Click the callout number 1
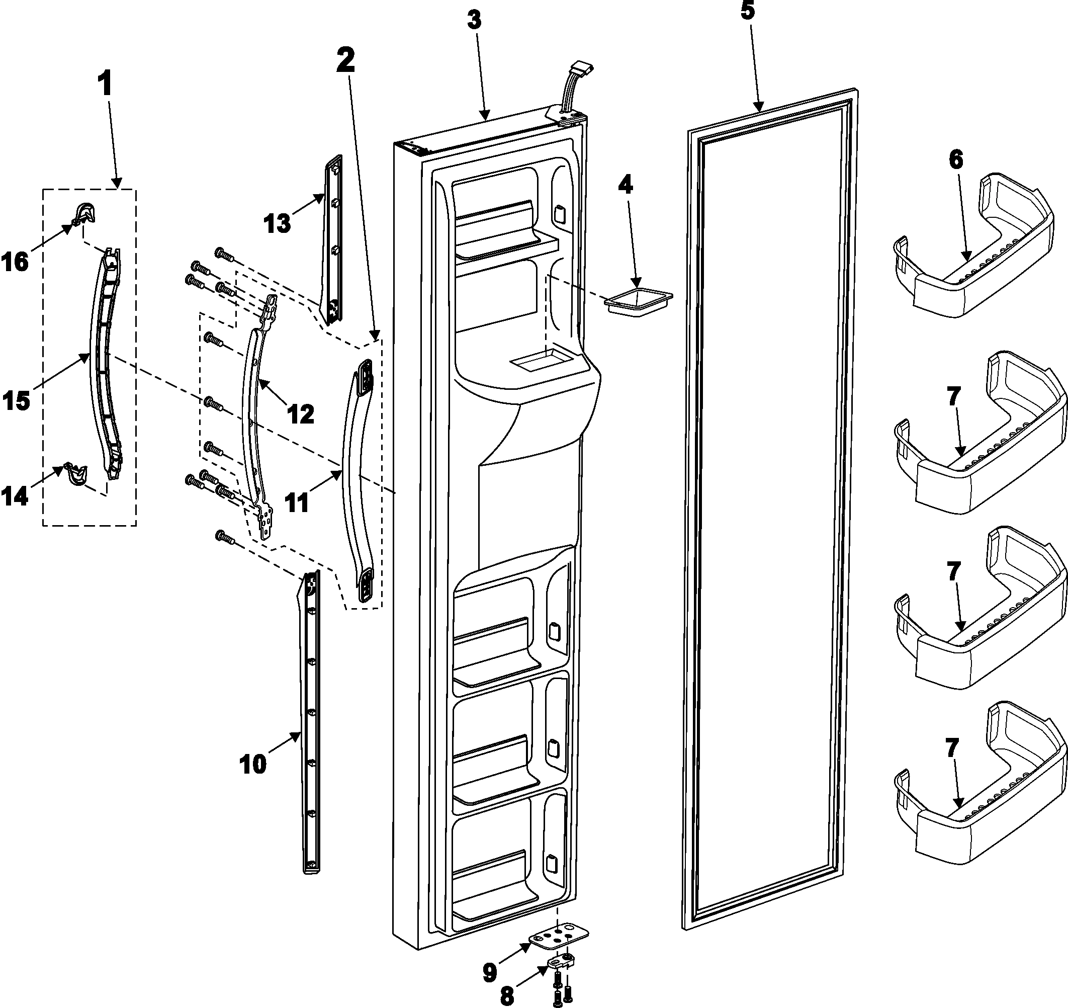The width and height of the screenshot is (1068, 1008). pos(106,85)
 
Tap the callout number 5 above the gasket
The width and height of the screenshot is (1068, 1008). pos(747,11)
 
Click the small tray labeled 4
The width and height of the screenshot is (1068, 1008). pos(638,301)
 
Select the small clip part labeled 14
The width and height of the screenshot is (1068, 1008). pos(76,473)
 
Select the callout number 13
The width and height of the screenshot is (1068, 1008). pos(277,222)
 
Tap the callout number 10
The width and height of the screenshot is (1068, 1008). pos(252,765)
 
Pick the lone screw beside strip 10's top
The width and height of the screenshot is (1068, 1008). pos(225,536)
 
